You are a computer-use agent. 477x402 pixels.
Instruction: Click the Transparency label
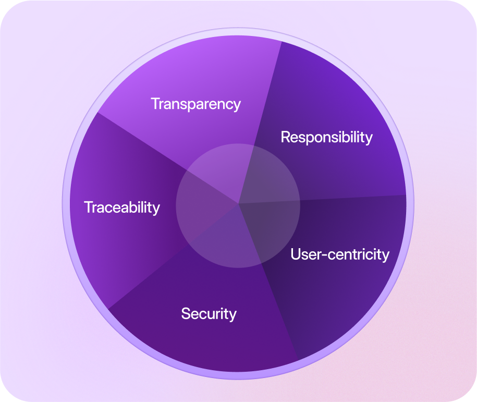[x=195, y=104]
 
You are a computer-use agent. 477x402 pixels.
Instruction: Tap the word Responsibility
[x=326, y=137]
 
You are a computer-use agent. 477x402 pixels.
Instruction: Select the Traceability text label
[x=122, y=208]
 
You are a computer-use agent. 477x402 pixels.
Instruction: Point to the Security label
[x=209, y=314]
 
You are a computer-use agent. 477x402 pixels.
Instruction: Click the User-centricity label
[x=340, y=254]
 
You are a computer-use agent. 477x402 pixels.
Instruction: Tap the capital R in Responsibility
[x=286, y=137]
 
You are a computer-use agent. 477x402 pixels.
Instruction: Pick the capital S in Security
[x=186, y=314]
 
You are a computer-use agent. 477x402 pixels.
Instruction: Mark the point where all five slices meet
[x=239, y=203]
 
